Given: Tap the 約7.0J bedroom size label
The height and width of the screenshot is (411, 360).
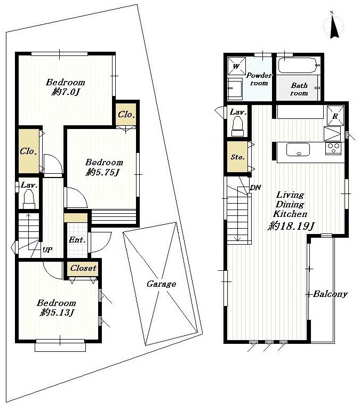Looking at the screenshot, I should tap(66, 93).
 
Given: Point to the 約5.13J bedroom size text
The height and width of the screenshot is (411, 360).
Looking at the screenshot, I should tap(56, 313).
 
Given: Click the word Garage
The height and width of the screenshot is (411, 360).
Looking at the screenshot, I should tap(161, 284).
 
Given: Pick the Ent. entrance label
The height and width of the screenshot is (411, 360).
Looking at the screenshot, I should tap(77, 240).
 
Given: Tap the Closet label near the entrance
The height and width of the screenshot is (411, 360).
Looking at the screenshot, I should tap(83, 268).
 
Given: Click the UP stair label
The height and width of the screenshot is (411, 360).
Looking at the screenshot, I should tap(47, 249).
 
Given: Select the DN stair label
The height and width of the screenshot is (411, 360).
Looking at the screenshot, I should tap(255, 187).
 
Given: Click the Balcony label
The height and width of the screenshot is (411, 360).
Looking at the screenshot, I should tap(330, 294).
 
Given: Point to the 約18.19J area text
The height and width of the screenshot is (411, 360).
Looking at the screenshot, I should tap(290, 225).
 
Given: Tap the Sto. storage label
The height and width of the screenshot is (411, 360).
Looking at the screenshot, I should tap(237, 157).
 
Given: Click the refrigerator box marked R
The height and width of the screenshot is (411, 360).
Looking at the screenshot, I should tap(335, 116).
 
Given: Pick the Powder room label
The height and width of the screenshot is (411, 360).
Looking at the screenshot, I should tap(259, 79).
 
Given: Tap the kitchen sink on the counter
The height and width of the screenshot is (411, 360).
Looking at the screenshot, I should tap(298, 150).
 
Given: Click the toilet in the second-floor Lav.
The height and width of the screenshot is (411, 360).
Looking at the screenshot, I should tap(237, 126).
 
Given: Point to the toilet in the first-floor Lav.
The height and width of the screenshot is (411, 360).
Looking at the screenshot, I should tap(29, 199).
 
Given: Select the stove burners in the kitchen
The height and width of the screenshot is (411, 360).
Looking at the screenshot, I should tap(333, 149).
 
